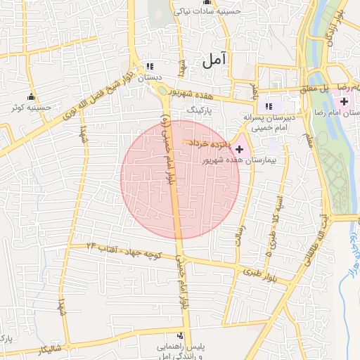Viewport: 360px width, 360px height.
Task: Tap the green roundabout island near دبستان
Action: (162, 89)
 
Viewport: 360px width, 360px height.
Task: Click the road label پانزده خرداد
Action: (208, 143)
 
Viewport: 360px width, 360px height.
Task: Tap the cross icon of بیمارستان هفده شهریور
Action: (240, 149)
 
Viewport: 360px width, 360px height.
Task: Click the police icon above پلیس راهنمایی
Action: (180, 336)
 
